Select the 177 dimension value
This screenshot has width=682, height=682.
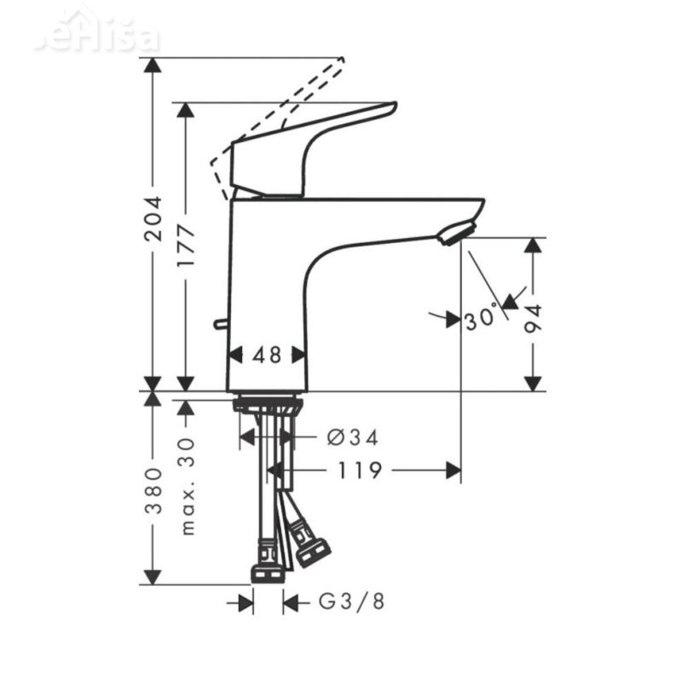coord(186,248)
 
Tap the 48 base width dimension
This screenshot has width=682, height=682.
coord(267,355)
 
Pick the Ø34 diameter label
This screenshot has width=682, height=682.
coord(352,437)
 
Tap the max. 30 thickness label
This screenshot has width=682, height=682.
coord(188,486)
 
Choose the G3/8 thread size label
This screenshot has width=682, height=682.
coord(352,603)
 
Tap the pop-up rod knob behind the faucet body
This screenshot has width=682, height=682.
coord(219,324)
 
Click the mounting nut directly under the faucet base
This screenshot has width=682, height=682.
coord(267,403)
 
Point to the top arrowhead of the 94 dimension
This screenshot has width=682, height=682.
coord(533,246)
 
